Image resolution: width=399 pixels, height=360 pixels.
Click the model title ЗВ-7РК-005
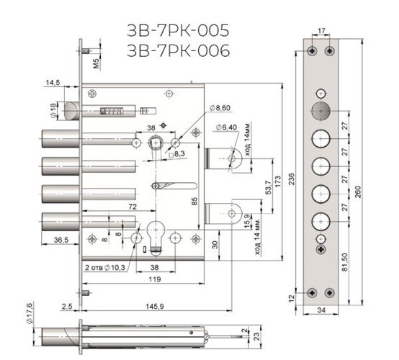point(178,30)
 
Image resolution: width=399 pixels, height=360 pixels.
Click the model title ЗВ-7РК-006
point(178,50)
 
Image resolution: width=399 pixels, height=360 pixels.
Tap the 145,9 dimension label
point(155,307)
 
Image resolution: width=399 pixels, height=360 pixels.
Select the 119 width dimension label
point(155,279)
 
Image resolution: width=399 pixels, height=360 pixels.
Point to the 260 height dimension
point(358,192)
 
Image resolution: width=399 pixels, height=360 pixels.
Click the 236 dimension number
point(292,179)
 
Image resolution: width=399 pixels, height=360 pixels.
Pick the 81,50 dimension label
point(344,262)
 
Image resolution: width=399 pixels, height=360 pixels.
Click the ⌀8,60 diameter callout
point(220,108)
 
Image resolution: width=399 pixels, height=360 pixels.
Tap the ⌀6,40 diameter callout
point(226,127)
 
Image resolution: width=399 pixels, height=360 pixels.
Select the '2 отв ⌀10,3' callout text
point(105,268)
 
